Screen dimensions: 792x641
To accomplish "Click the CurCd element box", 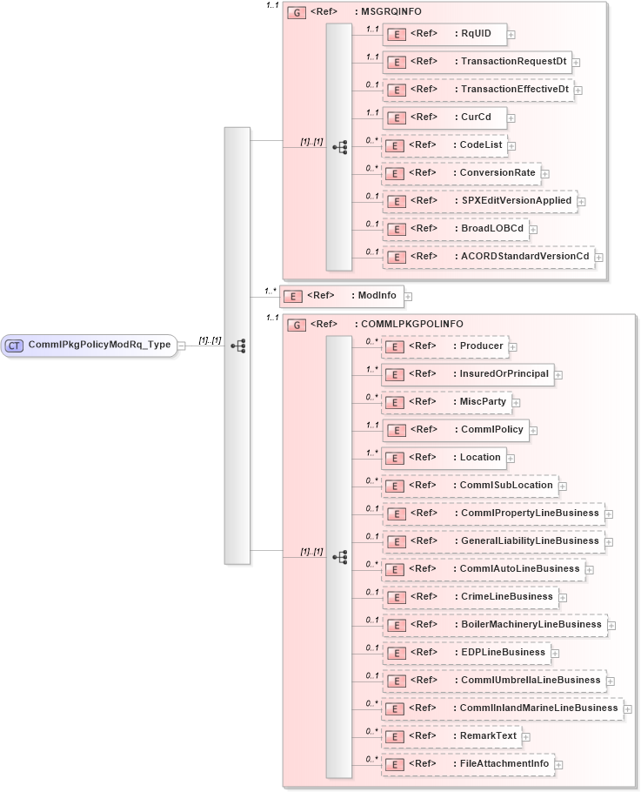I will pos(444,117).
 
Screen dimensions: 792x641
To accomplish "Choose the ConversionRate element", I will pos(460,172).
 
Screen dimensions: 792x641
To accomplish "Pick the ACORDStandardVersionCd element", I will pos(487,256).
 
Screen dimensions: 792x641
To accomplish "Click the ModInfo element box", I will pos(342,296).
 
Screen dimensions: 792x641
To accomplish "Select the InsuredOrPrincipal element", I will pos(467,374).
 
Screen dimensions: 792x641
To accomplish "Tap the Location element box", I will pos(443,457).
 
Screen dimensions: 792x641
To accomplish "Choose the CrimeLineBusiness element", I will pos(469,597).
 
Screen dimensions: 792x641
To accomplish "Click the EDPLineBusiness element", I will pos(465,653).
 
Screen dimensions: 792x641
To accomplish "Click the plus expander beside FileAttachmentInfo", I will pos(558,765).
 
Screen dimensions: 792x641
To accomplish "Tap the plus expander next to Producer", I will pos(513,347).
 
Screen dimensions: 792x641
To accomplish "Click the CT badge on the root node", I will pos(14,346).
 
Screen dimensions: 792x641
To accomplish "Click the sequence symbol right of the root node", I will pos(237,346).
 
